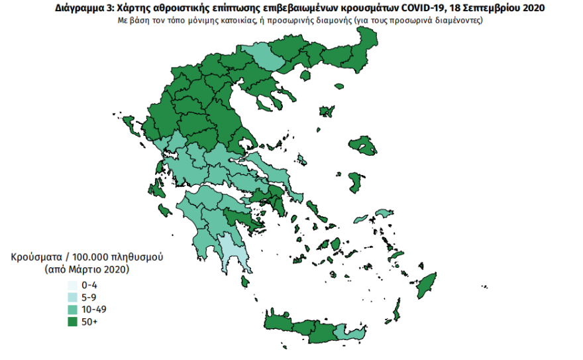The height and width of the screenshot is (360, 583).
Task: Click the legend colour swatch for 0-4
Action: click(70, 285)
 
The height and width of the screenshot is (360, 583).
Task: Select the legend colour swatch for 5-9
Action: click(70, 297)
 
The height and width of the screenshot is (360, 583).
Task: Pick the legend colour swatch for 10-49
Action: click(70, 309)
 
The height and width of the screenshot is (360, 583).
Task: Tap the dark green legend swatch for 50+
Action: click(70, 322)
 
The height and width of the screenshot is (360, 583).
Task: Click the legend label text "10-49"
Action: click(91, 310)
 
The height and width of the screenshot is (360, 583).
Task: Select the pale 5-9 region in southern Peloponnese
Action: click(229, 248)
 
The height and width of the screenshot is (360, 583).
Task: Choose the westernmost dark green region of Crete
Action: click(278, 324)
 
